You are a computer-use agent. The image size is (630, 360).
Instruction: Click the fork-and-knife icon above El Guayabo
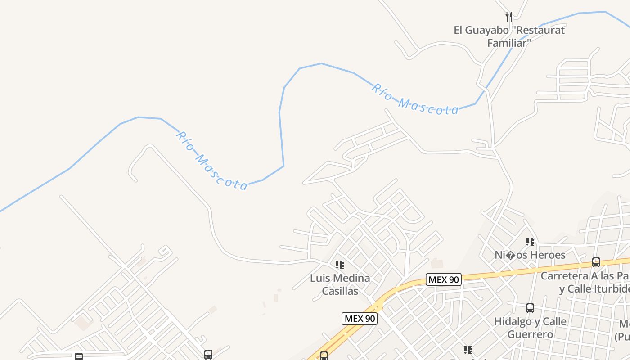(x=509, y=17)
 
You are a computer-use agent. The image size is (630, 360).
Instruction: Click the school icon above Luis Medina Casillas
(x=340, y=265)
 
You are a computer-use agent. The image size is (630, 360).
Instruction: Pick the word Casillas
(x=340, y=291)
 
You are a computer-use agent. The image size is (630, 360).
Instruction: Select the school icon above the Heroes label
(x=530, y=242)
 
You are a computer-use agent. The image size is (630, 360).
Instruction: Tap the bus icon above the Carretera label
(x=596, y=262)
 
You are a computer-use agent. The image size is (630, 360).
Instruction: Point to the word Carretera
(x=564, y=275)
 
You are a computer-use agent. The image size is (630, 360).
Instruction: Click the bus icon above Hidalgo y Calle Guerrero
(x=530, y=308)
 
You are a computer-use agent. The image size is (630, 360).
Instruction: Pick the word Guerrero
(x=530, y=334)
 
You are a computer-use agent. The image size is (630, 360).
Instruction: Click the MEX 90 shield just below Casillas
(x=360, y=319)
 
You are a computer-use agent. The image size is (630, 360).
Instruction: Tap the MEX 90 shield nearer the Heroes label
(x=444, y=279)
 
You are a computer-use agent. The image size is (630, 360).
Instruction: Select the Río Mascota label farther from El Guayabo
(x=211, y=161)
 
